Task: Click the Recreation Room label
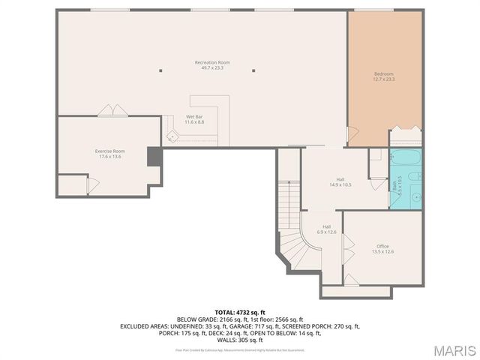click(212, 65)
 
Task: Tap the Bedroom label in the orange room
click(384, 76)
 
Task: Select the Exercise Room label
click(109, 154)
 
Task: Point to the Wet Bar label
click(194, 120)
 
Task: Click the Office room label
click(382, 249)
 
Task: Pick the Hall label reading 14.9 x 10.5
click(340, 182)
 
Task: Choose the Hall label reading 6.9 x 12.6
click(326, 229)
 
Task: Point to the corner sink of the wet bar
click(172, 137)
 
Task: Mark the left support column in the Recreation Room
click(160, 71)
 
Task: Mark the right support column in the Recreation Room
click(253, 71)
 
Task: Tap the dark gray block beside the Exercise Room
click(154, 157)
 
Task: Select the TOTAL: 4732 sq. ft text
click(239, 312)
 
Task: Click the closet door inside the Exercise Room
click(89, 184)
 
